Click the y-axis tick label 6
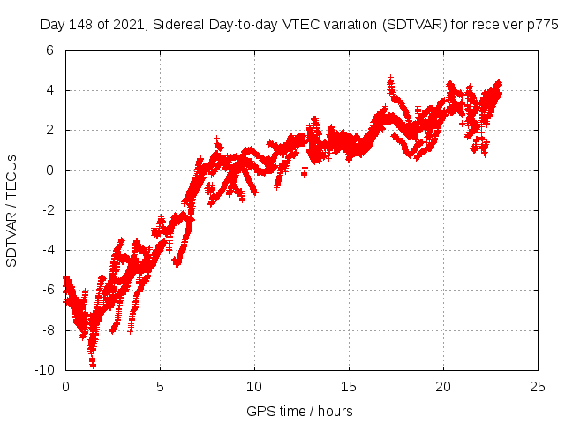click(49, 50)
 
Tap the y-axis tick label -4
click(46, 250)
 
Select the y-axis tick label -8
click(46, 329)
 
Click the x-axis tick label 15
click(349, 387)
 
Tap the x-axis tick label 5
click(160, 387)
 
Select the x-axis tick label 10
click(254, 387)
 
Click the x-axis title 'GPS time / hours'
click(299, 411)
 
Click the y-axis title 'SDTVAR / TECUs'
click(12, 210)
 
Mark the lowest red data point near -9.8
click(93, 364)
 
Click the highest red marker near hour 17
click(390, 79)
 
